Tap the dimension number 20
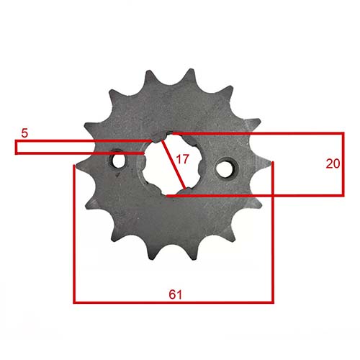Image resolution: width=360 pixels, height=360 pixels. click(332, 163)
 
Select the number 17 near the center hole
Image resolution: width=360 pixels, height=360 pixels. click(182, 160)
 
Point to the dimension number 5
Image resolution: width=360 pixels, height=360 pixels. click(24, 132)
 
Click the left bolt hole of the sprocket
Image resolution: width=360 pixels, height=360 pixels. click(118, 162)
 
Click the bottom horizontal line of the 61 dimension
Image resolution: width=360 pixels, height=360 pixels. click(173, 302)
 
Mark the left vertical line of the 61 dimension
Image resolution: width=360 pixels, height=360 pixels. click(74, 238)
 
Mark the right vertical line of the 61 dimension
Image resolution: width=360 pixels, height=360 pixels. click(273, 238)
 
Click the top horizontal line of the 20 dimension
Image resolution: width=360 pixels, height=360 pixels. click(259, 134)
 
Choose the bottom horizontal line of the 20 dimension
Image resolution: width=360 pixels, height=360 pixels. click(259, 194)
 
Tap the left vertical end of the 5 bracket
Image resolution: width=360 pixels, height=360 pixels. click(17, 146)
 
